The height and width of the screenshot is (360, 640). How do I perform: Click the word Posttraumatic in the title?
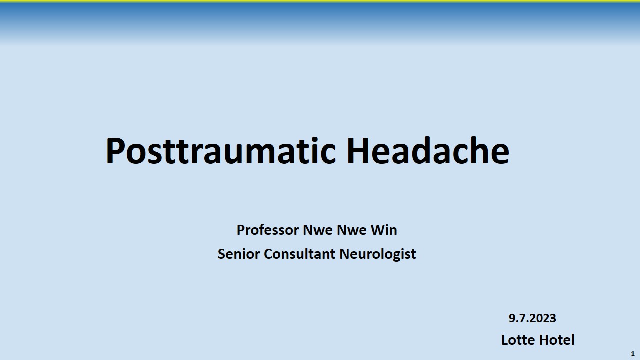click(x=221, y=150)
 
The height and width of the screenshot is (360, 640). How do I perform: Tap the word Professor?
click(x=267, y=230)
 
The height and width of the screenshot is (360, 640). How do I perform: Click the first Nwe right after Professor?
click(x=317, y=230)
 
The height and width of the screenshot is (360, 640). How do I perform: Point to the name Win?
click(x=384, y=230)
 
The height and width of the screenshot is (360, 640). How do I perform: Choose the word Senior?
click(x=239, y=254)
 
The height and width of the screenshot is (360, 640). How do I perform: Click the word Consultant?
click(x=299, y=254)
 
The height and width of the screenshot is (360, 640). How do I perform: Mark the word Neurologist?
click(x=377, y=254)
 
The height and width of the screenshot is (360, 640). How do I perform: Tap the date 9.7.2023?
click(x=532, y=318)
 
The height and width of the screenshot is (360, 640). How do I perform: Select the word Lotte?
click(x=518, y=340)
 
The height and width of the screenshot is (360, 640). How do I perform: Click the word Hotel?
click(x=557, y=340)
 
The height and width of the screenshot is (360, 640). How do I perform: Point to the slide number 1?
click(x=633, y=354)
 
